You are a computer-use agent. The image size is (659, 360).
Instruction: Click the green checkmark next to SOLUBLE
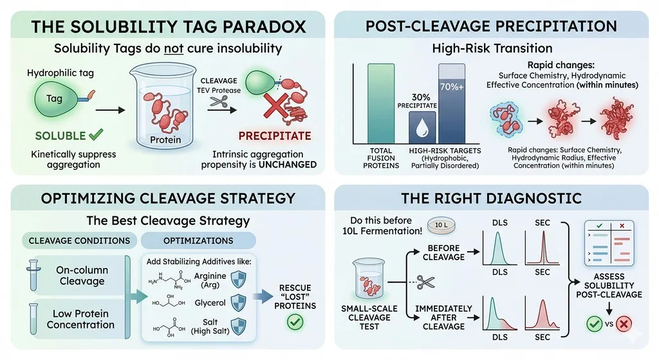tap(97, 135)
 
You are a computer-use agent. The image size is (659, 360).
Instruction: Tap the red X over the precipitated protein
tap(276, 106)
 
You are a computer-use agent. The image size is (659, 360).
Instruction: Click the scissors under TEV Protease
tap(219, 101)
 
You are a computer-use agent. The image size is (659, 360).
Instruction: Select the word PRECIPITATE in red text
tap(275, 136)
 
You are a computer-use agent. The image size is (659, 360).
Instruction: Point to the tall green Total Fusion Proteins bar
tap(381, 104)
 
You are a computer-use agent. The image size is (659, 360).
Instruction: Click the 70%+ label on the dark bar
tap(452, 87)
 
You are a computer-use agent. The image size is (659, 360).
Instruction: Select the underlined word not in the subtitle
tap(174, 49)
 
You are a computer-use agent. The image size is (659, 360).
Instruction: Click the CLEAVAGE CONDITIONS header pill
tap(79, 241)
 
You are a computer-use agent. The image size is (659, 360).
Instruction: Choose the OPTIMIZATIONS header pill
tap(198, 241)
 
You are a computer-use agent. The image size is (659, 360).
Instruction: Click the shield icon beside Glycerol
tap(239, 303)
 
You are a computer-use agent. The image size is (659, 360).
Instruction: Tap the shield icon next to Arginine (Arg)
tap(239, 279)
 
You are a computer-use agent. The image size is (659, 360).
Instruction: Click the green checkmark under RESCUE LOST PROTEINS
tap(295, 322)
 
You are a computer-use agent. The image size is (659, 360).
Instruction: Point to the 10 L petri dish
tap(441, 225)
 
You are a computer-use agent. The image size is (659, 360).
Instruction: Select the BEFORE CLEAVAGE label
tap(443, 252)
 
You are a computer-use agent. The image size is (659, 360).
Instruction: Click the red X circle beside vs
tap(624, 324)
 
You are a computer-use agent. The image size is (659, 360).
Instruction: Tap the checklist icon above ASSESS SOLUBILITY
tap(609, 243)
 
